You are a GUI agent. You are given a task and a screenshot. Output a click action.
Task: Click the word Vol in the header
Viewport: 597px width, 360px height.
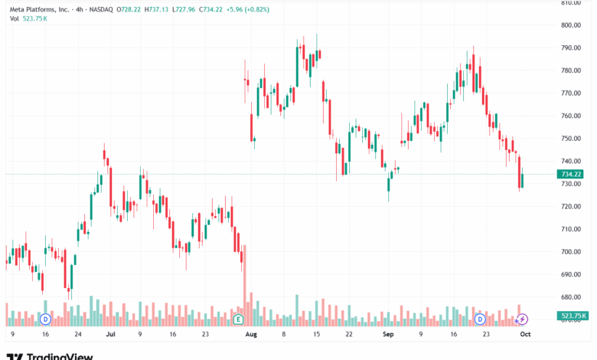coord(15,18)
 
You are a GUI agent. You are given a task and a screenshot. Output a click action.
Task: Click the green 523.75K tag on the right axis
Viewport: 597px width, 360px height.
coord(573,316)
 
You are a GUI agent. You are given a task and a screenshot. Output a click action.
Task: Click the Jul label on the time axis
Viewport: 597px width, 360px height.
coord(111,335)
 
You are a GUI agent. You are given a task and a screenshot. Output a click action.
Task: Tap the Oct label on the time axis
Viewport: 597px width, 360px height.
coord(524,335)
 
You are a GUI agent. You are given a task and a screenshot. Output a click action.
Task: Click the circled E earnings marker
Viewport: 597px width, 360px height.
coord(239,318)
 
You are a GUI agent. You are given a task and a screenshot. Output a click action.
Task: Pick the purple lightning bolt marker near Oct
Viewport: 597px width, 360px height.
coord(522,318)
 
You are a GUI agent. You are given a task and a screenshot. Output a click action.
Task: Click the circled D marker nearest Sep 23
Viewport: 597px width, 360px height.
coord(480,318)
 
